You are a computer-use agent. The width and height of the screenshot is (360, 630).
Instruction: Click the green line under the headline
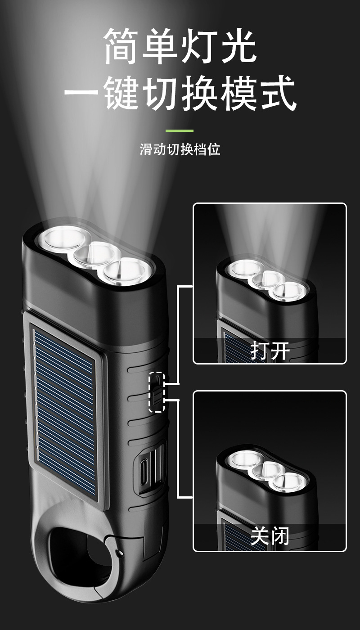179,131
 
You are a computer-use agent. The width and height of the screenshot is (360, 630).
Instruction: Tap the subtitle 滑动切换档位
180,149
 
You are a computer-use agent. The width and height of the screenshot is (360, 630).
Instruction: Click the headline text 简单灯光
180,46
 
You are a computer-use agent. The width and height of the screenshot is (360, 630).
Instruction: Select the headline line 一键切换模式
180,93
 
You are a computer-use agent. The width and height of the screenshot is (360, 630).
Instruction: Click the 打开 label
270,351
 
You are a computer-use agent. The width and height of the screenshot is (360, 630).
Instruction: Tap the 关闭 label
270,536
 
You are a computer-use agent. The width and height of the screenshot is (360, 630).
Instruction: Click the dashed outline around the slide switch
157,392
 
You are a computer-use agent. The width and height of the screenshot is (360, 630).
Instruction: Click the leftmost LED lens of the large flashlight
64,238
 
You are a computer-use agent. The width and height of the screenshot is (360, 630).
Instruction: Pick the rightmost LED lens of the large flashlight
126,273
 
